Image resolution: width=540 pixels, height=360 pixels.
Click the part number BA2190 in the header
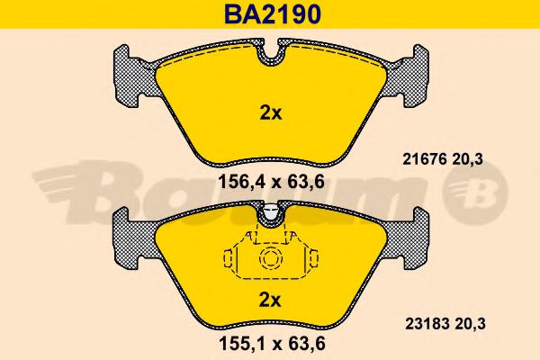point(273,14)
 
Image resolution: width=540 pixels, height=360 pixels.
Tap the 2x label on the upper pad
point(270,112)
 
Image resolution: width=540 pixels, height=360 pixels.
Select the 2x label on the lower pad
point(270,301)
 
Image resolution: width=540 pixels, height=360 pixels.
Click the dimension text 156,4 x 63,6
point(272,182)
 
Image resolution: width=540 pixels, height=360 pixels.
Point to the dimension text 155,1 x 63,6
point(272,343)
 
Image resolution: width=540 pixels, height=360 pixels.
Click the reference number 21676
point(424,159)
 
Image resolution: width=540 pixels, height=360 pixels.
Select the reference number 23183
point(427,324)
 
